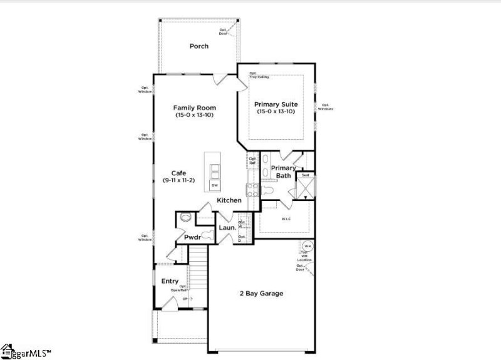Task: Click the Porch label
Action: point(199,46)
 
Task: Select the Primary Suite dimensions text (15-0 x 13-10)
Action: point(276,111)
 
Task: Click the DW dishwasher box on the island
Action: point(214,186)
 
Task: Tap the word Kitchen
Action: point(229,200)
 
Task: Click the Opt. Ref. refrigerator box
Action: point(253,161)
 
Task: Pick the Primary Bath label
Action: point(284,172)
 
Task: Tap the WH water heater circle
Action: point(307,245)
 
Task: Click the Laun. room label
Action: point(227,228)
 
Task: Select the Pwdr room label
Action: point(191,238)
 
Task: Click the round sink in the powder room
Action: point(185,218)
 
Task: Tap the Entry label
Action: point(170,281)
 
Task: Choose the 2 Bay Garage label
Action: point(262,293)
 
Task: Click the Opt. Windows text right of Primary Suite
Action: point(325,107)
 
